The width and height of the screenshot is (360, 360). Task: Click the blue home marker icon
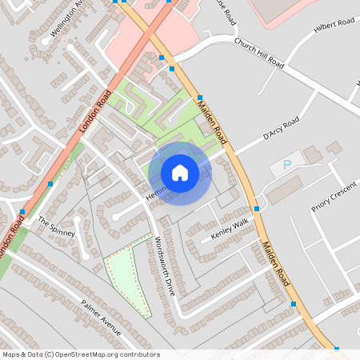click(180, 173)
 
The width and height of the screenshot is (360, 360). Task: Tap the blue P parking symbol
click(287, 166)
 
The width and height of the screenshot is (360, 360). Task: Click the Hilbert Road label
click(335, 24)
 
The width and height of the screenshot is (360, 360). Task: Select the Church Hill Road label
click(259, 53)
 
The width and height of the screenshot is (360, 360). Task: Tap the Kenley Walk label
click(230, 229)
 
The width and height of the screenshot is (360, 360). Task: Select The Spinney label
click(56, 227)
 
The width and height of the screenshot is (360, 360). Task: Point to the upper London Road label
click(94, 113)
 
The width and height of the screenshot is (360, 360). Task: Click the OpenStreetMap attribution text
click(81, 354)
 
